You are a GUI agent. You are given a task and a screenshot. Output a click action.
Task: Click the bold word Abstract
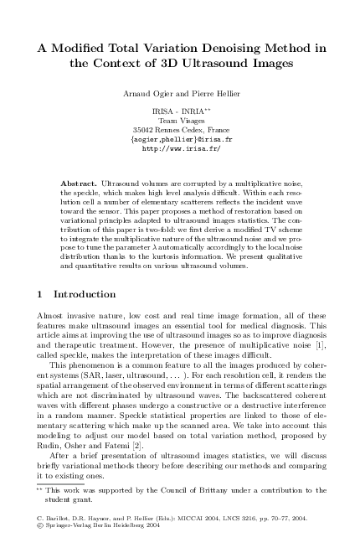[x=80, y=182]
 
